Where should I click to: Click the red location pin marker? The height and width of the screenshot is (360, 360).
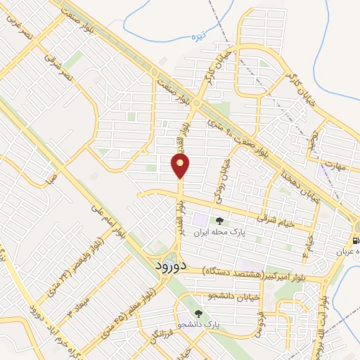pyautogui.click(x=181, y=166)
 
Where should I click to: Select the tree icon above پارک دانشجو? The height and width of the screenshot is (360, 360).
pyautogui.click(x=200, y=314)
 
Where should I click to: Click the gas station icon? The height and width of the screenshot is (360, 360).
pyautogui.click(x=356, y=240)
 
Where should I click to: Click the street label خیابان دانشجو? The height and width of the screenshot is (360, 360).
pyautogui.click(x=233, y=293)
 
